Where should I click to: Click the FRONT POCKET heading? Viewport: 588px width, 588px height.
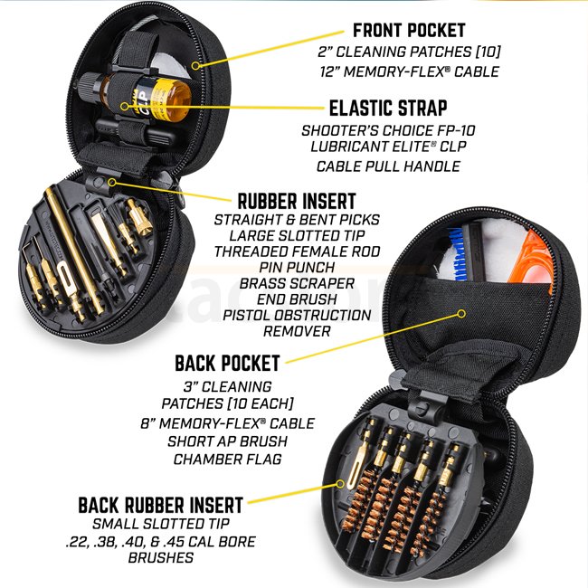click(409, 30)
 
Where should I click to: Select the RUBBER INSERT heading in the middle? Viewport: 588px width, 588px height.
click(296, 200)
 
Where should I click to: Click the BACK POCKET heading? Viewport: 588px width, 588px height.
click(228, 364)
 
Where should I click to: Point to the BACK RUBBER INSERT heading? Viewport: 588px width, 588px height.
click(161, 504)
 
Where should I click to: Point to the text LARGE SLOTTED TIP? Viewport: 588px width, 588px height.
click(296, 235)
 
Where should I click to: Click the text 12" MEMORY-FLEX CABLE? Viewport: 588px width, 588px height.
click(409, 71)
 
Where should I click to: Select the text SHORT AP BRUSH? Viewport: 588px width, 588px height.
click(227, 441)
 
